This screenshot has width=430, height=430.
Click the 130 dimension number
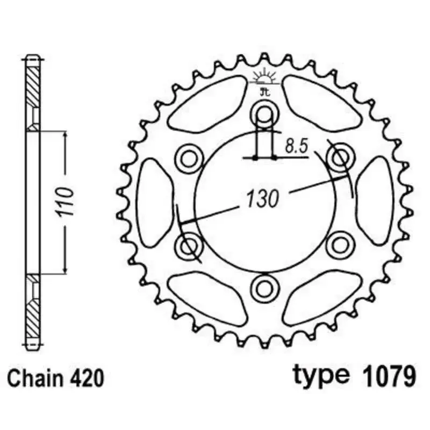(x=263, y=198)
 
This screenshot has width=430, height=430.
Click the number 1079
(x=384, y=375)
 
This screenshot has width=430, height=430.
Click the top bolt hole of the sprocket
(x=264, y=114)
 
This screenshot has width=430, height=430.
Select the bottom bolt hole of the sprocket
(x=264, y=287)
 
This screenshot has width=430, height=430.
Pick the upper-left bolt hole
(x=189, y=157)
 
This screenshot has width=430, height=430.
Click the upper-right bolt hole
(x=339, y=157)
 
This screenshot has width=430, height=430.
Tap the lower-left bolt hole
(x=189, y=245)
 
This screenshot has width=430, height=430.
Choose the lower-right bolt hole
(x=339, y=245)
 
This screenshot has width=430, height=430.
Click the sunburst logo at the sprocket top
(x=264, y=80)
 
